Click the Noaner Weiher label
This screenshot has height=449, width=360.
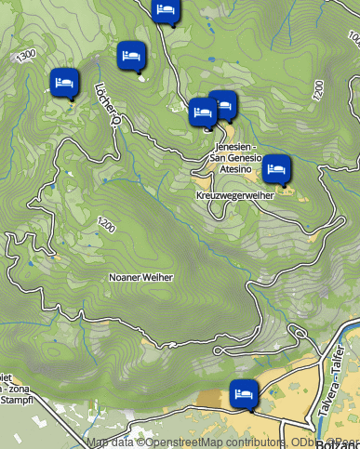tap(141, 277)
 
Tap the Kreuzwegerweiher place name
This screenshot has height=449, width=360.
tap(234, 196)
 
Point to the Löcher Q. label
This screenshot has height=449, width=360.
tap(108, 103)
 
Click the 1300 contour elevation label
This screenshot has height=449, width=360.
tap(26, 54)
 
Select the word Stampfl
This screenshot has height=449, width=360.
tap(16, 399)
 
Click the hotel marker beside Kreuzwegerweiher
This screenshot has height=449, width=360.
tap(275, 169)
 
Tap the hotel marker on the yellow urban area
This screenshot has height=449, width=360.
tap(244, 393)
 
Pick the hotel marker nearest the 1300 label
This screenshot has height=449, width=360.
tap(64, 83)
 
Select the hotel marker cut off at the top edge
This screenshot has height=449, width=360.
tap(166, 10)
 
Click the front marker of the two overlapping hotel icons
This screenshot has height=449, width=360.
tap(203, 112)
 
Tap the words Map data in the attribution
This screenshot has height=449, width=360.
tap(110, 442)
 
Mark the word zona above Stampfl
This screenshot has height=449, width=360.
tap(20, 388)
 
